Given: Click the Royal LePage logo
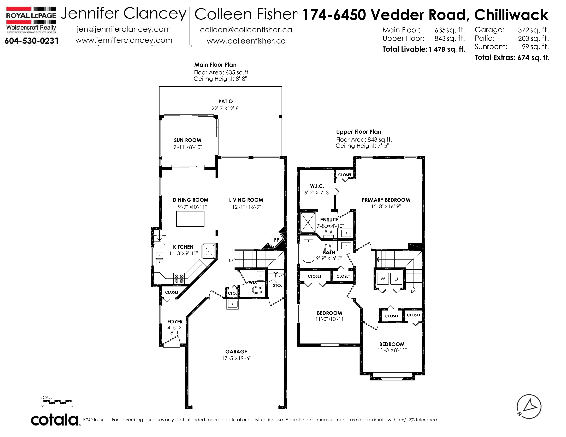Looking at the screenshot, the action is [31, 20].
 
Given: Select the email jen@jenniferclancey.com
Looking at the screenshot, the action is [124, 29].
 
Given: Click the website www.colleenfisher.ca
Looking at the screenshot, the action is [246, 41].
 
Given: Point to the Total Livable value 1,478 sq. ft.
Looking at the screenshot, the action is [447, 49].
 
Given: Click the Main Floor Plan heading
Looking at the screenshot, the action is [215, 65].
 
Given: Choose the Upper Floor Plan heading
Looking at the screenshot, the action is [359, 132].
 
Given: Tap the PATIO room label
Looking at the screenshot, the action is [226, 101].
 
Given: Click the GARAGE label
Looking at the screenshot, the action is [236, 351].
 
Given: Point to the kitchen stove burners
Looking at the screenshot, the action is [179, 278].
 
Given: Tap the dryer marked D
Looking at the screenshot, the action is [396, 278].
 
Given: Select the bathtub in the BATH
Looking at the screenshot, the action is [308, 251].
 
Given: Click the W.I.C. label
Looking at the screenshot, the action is [317, 186].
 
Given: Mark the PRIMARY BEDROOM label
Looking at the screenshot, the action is [386, 200].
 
